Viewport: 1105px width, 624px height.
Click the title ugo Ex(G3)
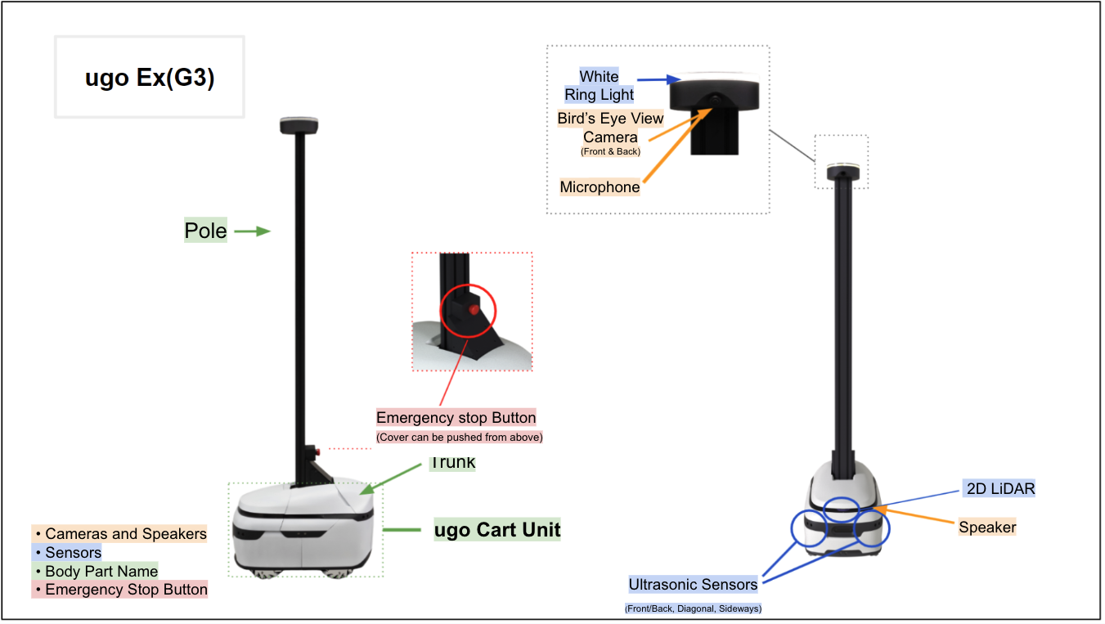(x=150, y=78)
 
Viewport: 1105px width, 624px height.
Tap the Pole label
(x=205, y=231)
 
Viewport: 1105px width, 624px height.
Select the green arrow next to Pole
(x=252, y=231)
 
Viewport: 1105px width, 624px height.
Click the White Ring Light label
(x=600, y=85)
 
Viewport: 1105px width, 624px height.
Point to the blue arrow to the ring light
(x=658, y=79)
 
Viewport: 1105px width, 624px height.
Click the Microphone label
(x=600, y=187)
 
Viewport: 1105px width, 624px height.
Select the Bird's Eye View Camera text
(x=610, y=128)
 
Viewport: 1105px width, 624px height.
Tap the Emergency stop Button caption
(x=456, y=418)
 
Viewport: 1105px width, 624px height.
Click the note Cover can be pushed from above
(x=459, y=438)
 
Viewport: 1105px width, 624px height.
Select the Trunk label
(x=452, y=463)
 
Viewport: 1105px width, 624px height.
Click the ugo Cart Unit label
(x=497, y=530)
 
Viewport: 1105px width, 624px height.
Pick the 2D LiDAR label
(x=998, y=489)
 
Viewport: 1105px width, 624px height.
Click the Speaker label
(x=987, y=527)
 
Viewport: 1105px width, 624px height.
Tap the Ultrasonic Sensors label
(x=693, y=585)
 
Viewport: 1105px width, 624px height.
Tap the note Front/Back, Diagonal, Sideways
(x=693, y=608)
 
